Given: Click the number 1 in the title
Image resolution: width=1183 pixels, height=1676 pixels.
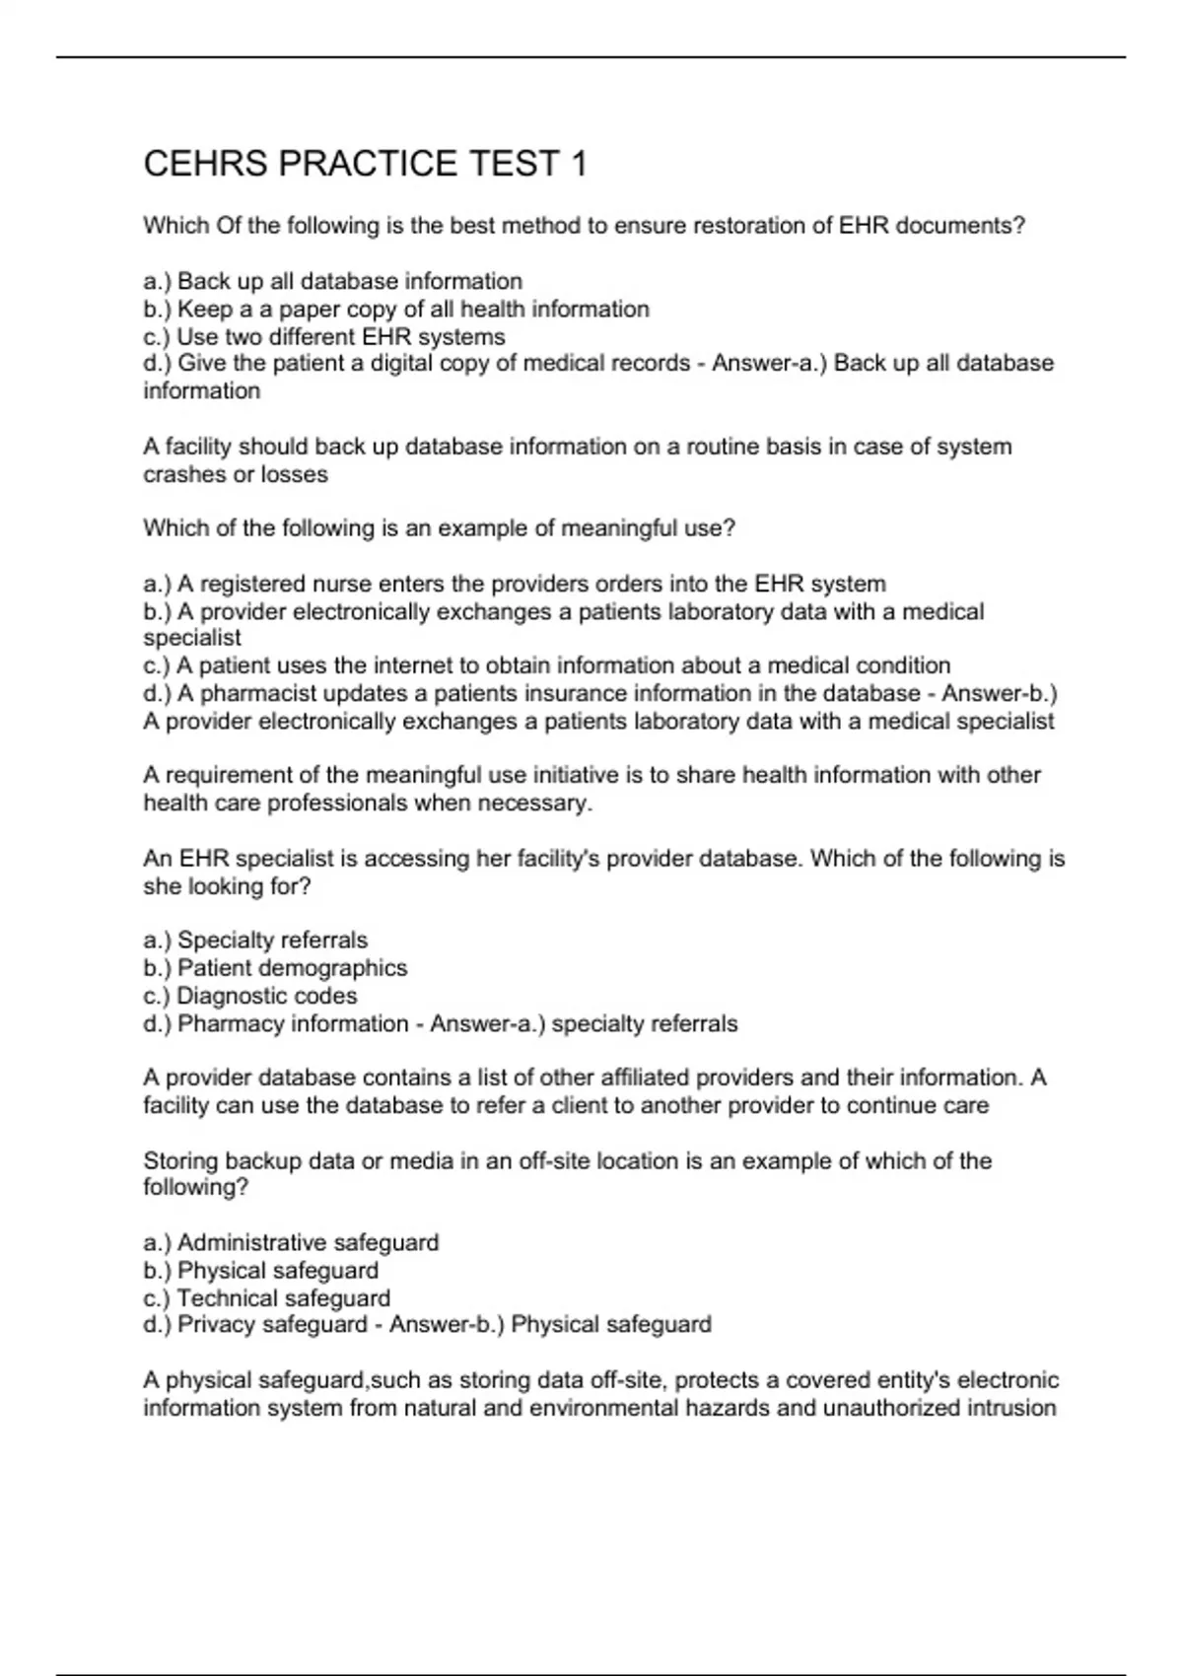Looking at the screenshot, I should pos(578,164).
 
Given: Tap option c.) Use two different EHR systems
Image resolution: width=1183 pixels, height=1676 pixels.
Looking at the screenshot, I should pos(324,336).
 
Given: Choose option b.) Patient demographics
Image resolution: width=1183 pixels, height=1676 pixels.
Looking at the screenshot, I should pos(275,968).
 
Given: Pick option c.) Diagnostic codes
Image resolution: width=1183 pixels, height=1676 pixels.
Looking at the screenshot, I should pos(250,996).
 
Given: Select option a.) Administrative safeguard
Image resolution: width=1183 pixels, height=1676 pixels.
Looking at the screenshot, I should pos(291,1242).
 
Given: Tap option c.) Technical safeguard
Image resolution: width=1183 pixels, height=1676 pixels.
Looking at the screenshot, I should pos(267,1297).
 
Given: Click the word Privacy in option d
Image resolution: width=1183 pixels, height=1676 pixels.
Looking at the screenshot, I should pos(217,1324).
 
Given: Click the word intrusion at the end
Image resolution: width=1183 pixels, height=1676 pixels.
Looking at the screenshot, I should pos(1015,1408).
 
